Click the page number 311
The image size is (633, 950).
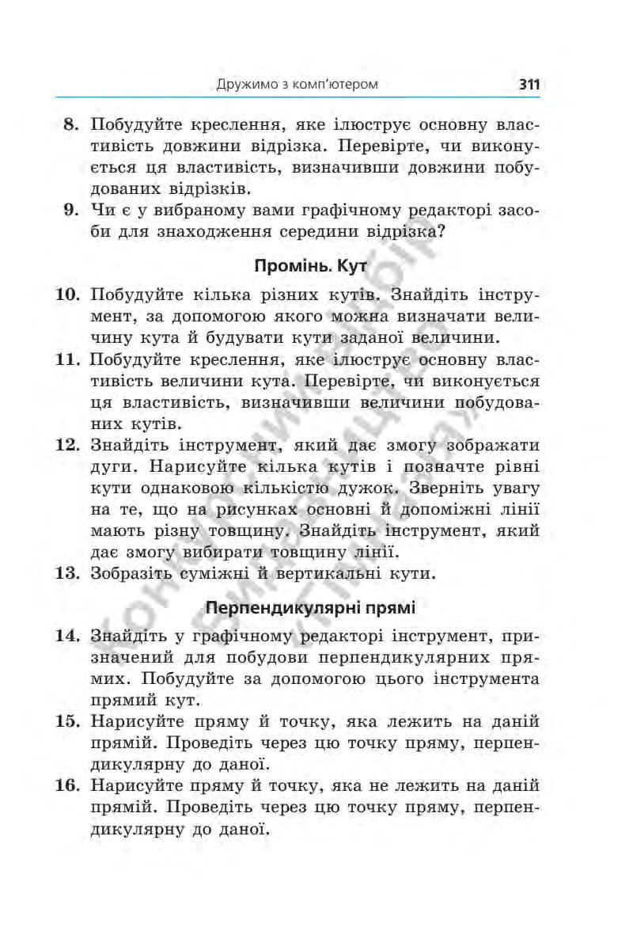coord(529,83)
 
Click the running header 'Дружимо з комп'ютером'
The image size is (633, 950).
coord(297,83)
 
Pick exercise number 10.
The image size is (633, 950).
coord(68,295)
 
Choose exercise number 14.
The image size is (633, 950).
coord(68,636)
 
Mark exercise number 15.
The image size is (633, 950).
coord(68,721)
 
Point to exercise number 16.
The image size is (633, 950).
coord(68,786)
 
